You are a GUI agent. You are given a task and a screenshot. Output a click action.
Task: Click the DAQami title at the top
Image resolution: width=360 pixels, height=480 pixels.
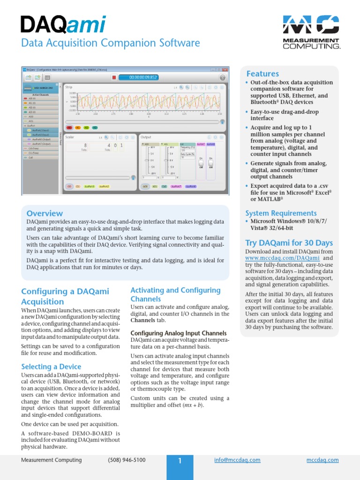click(x=63, y=24)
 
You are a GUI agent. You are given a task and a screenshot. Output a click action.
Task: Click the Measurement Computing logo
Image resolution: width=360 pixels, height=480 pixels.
click(x=311, y=31)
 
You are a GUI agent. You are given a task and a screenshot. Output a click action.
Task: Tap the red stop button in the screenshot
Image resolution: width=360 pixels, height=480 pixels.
click(x=113, y=77)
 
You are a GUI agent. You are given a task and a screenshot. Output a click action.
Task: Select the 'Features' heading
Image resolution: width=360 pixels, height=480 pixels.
click(x=262, y=74)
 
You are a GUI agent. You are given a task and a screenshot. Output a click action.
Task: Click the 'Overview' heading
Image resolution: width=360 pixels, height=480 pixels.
click(x=45, y=213)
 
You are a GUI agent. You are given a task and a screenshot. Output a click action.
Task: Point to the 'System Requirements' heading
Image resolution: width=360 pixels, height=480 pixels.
click(x=281, y=213)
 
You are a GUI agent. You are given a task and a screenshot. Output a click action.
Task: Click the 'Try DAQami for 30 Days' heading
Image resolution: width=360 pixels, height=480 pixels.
click(x=289, y=243)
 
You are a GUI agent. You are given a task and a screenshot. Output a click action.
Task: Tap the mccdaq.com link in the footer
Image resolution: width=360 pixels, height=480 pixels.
click(x=322, y=460)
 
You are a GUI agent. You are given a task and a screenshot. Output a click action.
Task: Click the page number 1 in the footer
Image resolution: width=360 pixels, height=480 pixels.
click(x=180, y=461)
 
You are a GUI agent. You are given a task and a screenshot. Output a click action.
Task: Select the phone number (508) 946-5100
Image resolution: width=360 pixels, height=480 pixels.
click(x=127, y=460)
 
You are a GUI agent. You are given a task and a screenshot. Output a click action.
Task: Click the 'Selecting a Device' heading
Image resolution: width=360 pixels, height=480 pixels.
click(x=51, y=367)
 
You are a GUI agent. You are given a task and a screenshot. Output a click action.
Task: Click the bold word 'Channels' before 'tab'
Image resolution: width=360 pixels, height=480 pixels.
click(x=142, y=320)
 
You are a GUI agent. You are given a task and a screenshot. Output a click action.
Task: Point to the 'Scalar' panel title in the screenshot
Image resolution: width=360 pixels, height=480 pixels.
click(x=70, y=137)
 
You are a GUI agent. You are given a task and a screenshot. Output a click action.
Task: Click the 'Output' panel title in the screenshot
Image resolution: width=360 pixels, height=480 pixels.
click(x=146, y=137)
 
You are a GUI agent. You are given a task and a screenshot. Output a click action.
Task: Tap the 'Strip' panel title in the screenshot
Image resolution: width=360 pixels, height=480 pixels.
click(x=69, y=87)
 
